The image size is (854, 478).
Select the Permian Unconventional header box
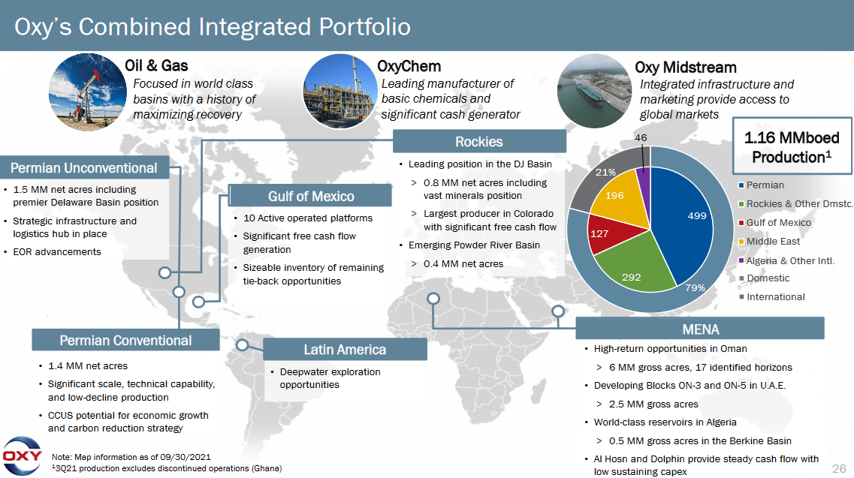click(x=84, y=168)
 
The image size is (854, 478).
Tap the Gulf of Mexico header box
click(x=311, y=196)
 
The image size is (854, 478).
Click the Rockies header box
click(x=478, y=142)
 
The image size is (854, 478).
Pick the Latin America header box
click(x=345, y=350)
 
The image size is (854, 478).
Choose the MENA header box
click(x=700, y=329)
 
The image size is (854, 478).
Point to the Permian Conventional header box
click(x=125, y=340)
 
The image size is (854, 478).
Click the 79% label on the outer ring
click(x=695, y=288)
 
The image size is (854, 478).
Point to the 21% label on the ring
click(x=605, y=173)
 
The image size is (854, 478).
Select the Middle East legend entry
click(x=773, y=241)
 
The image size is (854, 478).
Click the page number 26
click(x=839, y=468)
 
